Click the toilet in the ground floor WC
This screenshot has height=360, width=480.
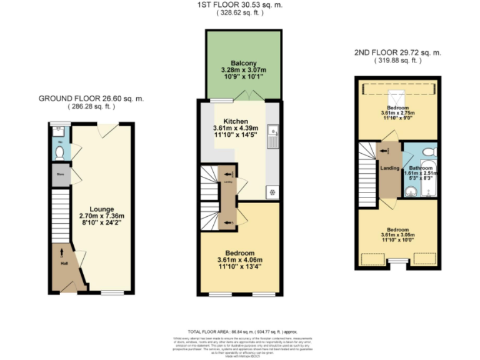[59, 151]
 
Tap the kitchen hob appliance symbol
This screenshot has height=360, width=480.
[272, 192]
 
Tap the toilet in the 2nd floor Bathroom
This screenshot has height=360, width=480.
[429, 152]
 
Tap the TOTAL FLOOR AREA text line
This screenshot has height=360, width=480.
[240, 331]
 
